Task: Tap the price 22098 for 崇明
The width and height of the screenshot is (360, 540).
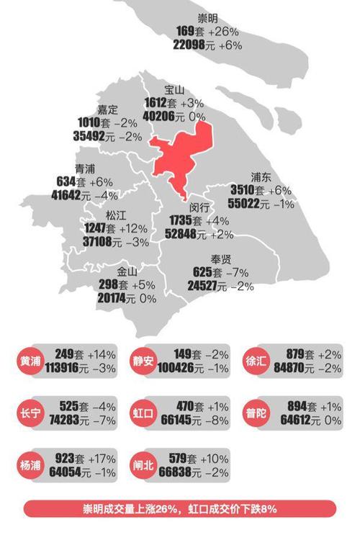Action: [x=193, y=45]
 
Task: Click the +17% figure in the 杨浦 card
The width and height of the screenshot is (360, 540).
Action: [x=102, y=459]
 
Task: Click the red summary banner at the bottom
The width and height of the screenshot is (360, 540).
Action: [x=180, y=509]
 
